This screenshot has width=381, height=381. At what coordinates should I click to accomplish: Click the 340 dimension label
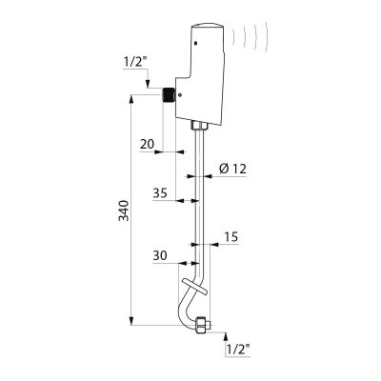(123, 211)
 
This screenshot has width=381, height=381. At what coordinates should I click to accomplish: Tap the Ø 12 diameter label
(232, 169)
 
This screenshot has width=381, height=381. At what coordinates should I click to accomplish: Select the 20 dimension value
(147, 145)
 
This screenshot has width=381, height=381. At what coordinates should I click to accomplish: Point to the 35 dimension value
(160, 193)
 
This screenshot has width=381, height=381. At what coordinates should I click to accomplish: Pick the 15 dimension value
(231, 237)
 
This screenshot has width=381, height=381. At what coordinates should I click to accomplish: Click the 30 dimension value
(160, 255)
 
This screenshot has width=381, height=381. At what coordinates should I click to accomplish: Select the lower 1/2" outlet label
(238, 350)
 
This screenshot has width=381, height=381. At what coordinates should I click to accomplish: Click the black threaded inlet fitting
(169, 94)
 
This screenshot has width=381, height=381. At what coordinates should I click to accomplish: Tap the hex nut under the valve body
(199, 125)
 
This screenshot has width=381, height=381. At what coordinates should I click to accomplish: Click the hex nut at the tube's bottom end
(202, 325)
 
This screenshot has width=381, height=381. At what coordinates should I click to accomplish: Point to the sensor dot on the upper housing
(196, 43)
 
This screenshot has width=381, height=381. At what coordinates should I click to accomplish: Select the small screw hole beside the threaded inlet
(180, 94)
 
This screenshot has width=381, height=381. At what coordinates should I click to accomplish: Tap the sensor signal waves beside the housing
(251, 35)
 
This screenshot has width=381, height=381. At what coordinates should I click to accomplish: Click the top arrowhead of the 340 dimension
(131, 99)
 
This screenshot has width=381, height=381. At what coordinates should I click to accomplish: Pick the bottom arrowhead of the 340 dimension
(131, 320)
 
